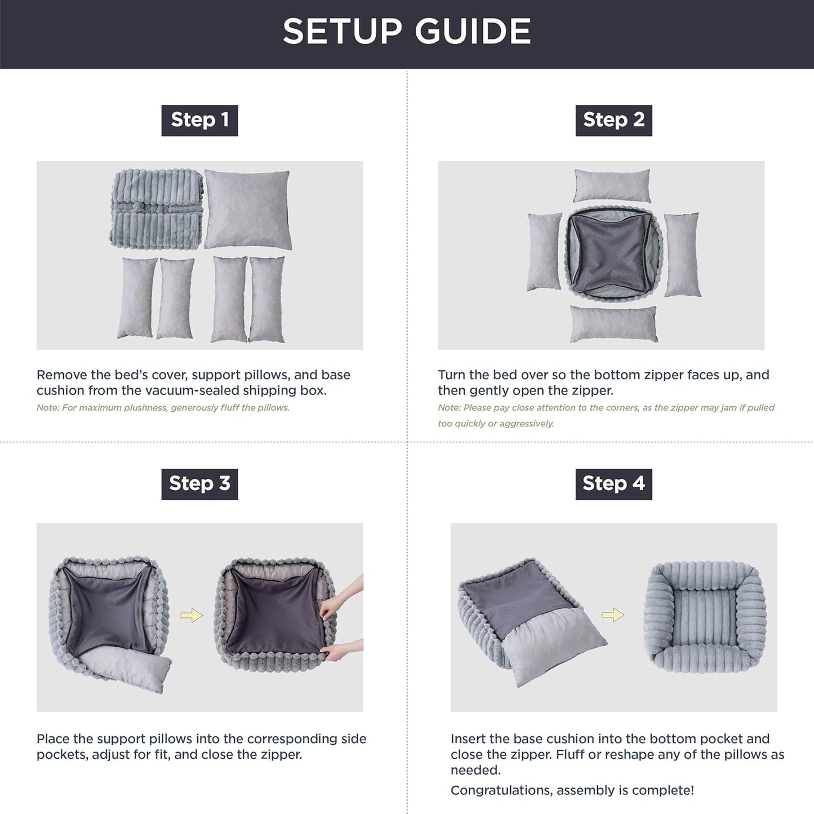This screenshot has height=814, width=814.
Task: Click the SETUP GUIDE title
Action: pyautogui.click(x=407, y=32)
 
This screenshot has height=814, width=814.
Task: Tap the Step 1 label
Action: pyautogui.click(x=199, y=120)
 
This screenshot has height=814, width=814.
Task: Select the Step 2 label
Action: pyautogui.click(x=613, y=120)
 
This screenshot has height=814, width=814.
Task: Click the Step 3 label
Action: pyautogui.click(x=199, y=484)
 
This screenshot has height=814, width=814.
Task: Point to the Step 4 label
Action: pyautogui.click(x=613, y=484)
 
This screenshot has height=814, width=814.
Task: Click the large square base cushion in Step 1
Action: pyautogui.click(x=247, y=210)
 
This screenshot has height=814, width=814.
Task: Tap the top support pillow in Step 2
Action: pyautogui.click(x=612, y=185)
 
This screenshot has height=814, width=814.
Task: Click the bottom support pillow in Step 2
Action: pyautogui.click(x=613, y=324)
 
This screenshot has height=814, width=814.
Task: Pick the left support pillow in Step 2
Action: pyautogui.click(x=544, y=252)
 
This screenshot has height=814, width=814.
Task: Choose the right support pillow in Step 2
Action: pyautogui.click(x=682, y=255)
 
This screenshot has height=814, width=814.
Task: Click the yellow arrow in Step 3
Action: pyautogui.click(x=192, y=616)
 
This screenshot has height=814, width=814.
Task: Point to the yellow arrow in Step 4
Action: pyautogui.click(x=613, y=615)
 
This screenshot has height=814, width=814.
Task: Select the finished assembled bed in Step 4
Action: pyautogui.click(x=705, y=617)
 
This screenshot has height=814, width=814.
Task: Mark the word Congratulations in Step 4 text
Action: pyautogui.click(x=501, y=790)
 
